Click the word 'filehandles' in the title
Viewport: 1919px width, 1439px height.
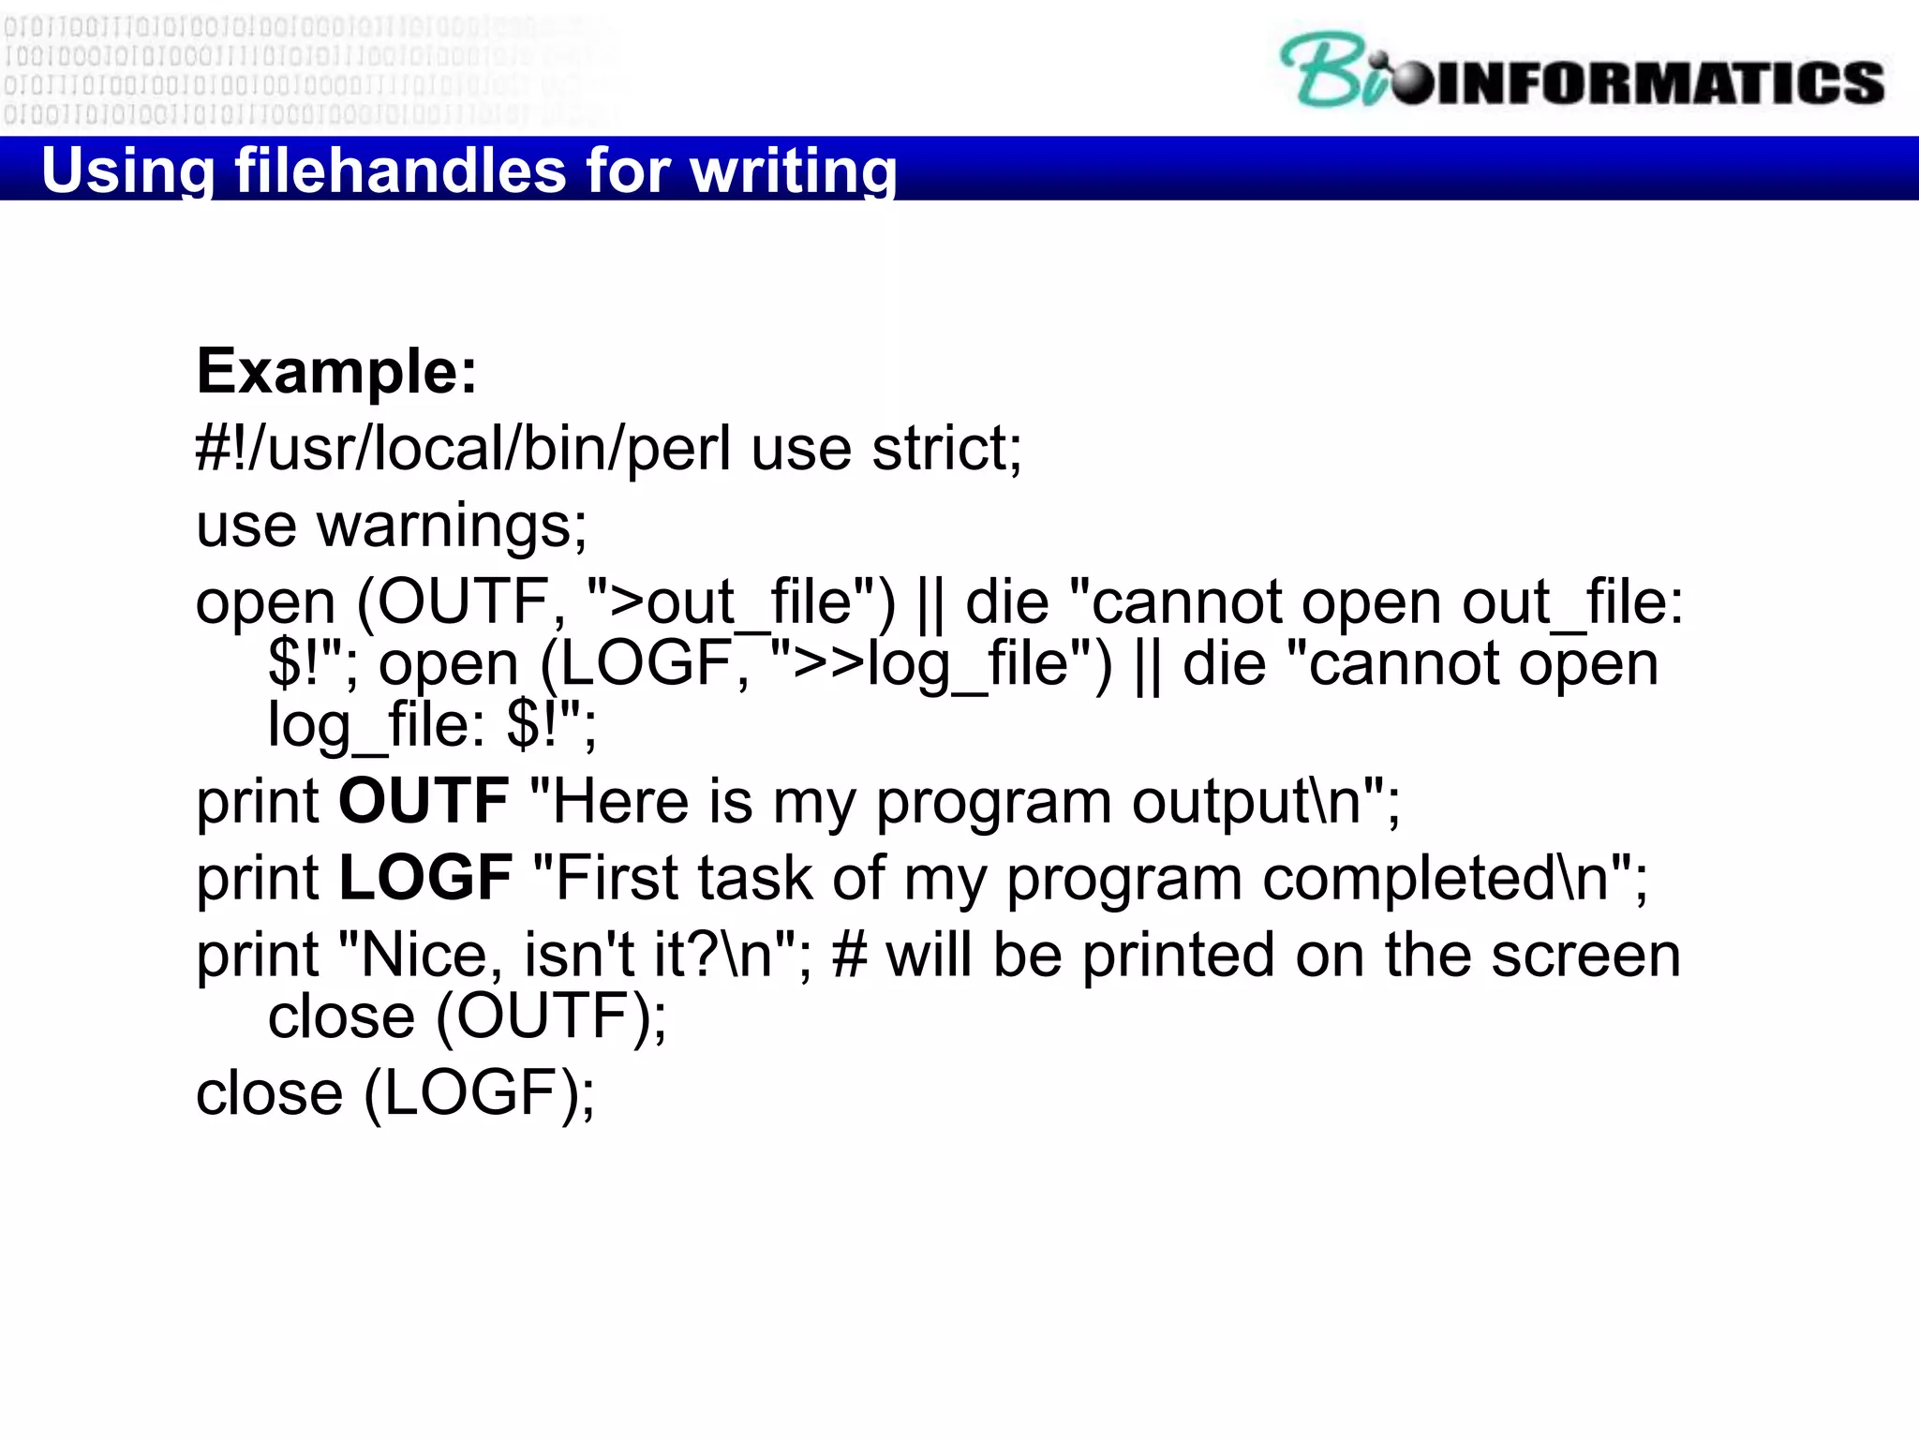400,171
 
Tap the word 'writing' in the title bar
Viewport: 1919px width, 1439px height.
793,171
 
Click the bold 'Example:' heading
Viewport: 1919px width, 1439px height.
337,372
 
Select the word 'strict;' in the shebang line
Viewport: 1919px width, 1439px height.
947,449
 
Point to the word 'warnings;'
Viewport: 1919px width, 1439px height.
452,526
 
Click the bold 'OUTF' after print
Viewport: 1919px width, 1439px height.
424,802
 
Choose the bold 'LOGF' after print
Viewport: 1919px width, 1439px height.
425,879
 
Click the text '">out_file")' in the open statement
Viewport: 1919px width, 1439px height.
741,602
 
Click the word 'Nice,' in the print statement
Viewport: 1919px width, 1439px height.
424,956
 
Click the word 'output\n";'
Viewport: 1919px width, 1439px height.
1265,802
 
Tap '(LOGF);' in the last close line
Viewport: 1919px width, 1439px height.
479,1093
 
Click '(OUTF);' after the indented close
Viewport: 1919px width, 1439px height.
552,1016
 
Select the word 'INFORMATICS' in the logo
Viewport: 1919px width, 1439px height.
1659,82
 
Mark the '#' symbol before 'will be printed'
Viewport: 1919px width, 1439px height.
849,956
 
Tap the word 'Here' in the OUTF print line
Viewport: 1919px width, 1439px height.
619,802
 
